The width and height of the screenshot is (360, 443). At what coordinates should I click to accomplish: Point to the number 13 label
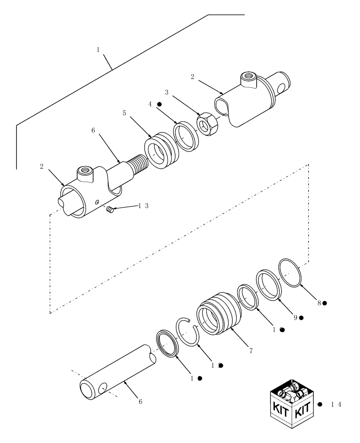click(143, 206)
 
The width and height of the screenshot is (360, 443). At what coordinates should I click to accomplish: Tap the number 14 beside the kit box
click(336, 404)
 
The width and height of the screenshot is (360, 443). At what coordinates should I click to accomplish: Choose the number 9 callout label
click(295, 318)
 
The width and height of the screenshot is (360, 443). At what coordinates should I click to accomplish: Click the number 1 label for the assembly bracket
click(98, 50)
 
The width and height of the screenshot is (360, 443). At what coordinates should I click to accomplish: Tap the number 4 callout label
click(150, 104)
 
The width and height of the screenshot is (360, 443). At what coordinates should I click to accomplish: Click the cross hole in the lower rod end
click(102, 387)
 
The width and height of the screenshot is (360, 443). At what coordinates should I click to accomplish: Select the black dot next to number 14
click(320, 404)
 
